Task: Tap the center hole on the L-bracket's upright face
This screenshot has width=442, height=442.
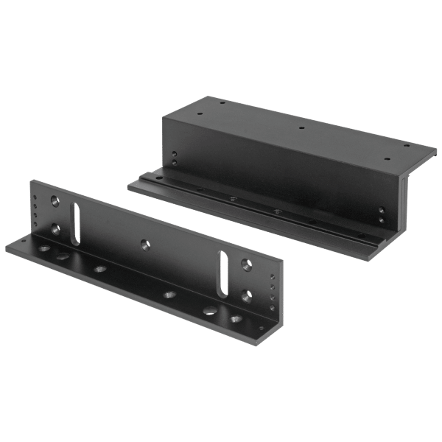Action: (x=143, y=241)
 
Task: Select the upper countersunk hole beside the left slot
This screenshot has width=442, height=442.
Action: (x=55, y=200)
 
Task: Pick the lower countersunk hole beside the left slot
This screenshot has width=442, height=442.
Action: (x=55, y=228)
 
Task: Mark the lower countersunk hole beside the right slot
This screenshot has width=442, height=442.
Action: (x=245, y=294)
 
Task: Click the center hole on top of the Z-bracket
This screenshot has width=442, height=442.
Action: (x=303, y=127)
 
